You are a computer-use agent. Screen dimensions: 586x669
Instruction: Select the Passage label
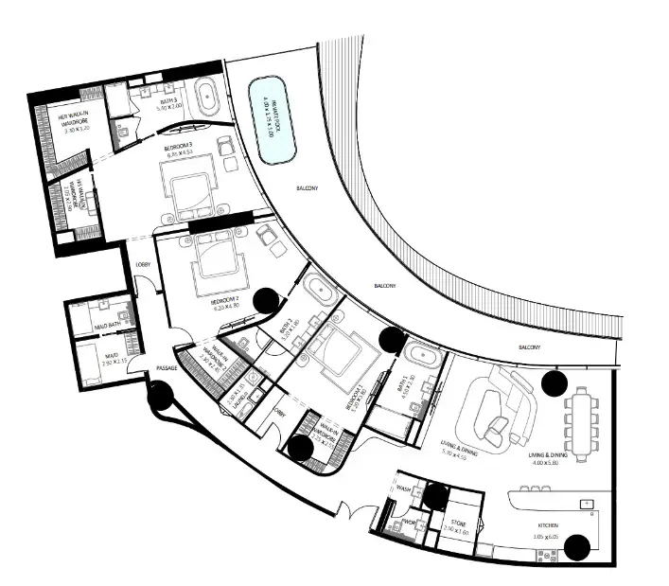(167, 367)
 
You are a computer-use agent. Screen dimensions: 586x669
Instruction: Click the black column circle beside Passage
(160, 395)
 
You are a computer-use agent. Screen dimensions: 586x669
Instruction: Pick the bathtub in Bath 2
(319, 291)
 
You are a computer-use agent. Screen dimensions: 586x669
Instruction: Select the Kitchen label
(548, 526)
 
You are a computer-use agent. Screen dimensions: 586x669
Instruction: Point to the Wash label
(404, 489)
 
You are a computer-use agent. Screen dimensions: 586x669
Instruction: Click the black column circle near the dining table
(554, 383)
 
